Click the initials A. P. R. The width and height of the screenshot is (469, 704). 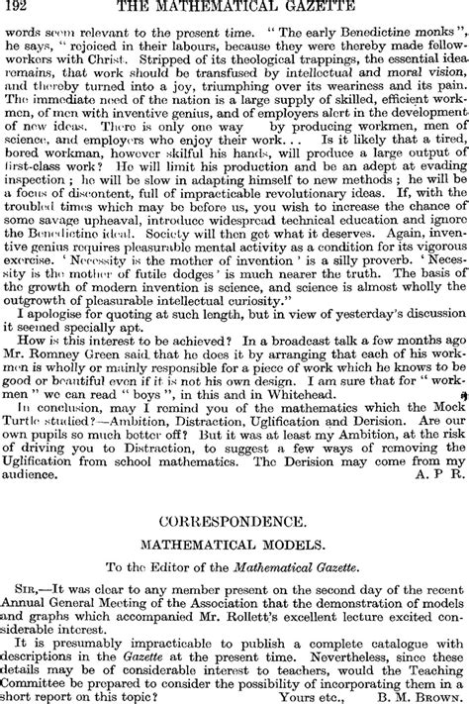click(x=435, y=473)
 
